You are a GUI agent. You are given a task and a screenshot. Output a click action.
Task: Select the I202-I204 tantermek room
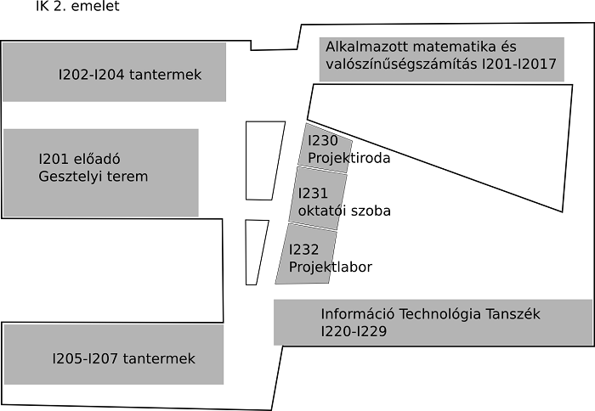coord(114,72)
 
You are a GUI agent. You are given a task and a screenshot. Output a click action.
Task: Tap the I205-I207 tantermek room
coord(114,355)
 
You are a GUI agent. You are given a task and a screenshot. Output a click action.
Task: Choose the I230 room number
coord(323,141)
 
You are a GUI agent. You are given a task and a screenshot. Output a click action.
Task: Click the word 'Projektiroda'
coord(348,158)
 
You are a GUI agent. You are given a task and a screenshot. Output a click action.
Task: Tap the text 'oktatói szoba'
coord(344,211)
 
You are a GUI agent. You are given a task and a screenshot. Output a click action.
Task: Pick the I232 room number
coord(303,250)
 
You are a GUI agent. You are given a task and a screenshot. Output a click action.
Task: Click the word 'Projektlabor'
coord(331,267)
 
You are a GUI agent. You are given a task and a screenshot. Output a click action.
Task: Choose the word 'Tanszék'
coord(513,314)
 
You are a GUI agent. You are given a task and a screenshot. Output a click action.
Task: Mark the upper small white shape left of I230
coord(263,160)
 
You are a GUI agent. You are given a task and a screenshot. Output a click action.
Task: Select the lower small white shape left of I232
coord(254,251)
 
